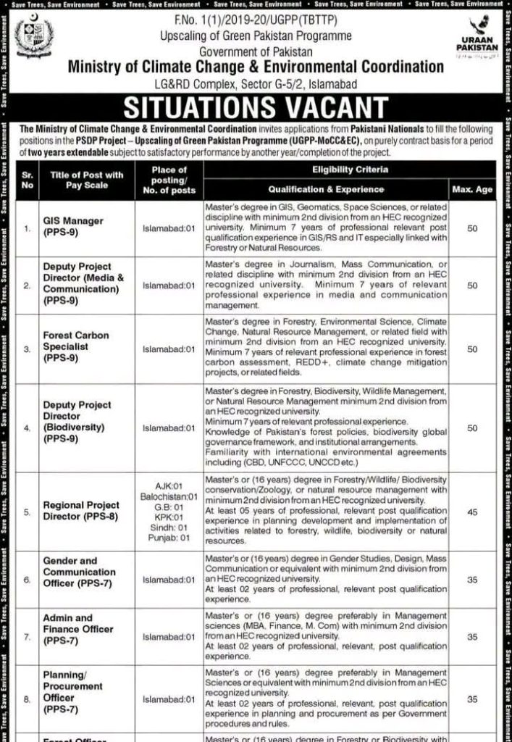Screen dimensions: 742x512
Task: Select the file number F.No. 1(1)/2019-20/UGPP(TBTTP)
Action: pyautogui.click(x=255, y=21)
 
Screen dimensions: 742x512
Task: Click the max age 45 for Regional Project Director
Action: pyautogui.click(x=471, y=512)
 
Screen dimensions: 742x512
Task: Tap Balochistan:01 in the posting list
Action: pyautogui.click(x=169, y=497)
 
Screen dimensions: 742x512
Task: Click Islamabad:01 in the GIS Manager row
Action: pyautogui.click(x=169, y=227)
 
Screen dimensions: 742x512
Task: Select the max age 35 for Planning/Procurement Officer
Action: pyautogui.click(x=471, y=700)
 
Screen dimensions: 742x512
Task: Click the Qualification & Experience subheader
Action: pyautogui.click(x=327, y=189)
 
